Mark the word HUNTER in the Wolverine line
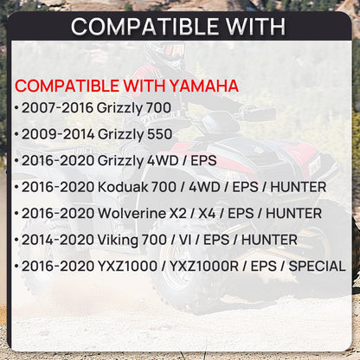coord(293,212)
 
